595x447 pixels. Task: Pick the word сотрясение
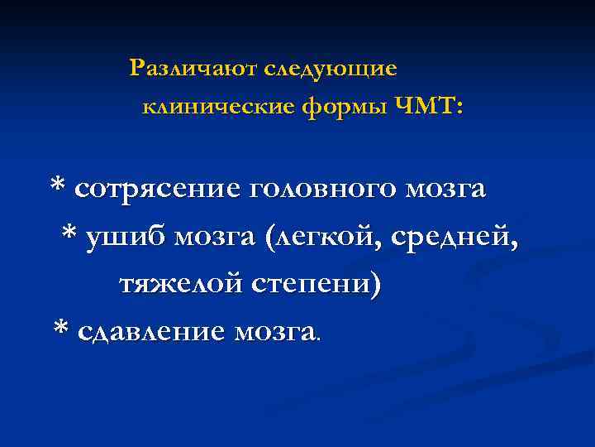pos(156,189)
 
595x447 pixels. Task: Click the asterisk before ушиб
pos(70,233)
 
